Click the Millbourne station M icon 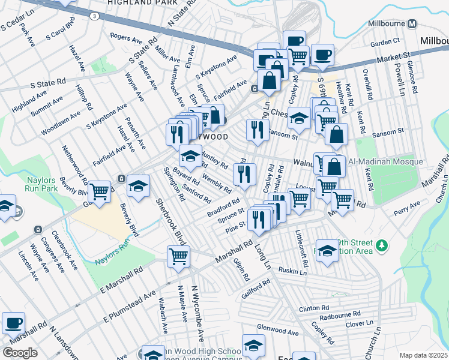[x=412, y=24]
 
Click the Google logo [x=20, y=353]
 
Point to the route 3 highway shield [x=94, y=16]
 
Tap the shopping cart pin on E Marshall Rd [x=179, y=257]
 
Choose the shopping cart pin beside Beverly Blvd [x=100, y=193]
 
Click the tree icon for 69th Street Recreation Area [x=380, y=245]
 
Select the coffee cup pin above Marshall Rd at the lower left [x=14, y=323]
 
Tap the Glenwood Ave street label [x=278, y=332]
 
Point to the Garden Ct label [x=385, y=42]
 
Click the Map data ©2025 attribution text [x=424, y=355]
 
